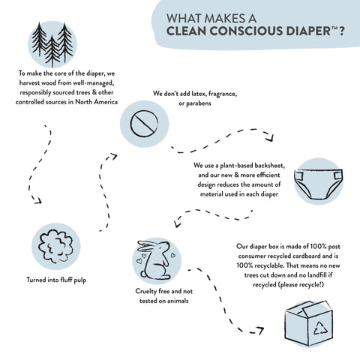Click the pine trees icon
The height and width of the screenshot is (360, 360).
tap(52, 45)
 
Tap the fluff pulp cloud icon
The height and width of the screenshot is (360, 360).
tap(56, 247)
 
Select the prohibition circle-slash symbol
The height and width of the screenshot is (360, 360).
tap(144, 124)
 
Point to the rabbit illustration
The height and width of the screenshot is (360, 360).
tap(154, 260)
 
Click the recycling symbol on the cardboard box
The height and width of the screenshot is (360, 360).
tap(320, 328)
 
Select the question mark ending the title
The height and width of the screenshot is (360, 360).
tap(341, 31)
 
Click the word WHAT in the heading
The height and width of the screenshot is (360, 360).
tap(184, 19)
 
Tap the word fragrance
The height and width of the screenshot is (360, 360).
tap(223, 94)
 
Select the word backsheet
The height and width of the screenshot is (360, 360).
tap(270, 166)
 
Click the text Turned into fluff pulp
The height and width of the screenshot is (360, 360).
tap(56, 280)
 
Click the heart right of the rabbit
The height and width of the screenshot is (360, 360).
tap(172, 255)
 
